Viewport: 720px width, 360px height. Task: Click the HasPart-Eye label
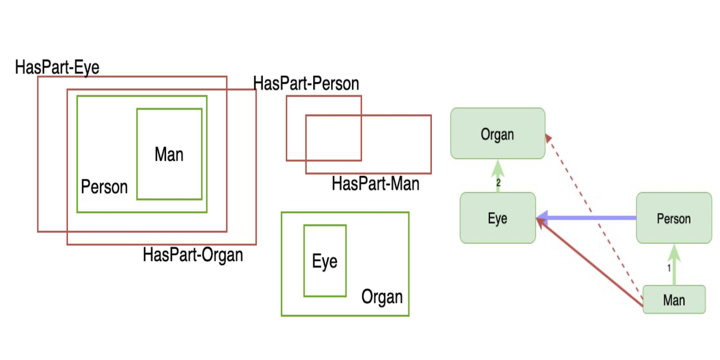(x=57, y=67)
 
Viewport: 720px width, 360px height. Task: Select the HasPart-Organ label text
(x=193, y=255)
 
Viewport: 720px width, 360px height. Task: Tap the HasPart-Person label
(x=306, y=84)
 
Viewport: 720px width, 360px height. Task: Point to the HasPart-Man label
(x=375, y=183)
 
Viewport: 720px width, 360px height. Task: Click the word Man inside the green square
(x=169, y=154)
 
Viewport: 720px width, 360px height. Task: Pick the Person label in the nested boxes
(x=104, y=187)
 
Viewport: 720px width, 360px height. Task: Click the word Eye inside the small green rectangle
(x=325, y=262)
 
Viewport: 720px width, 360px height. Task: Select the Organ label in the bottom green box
(x=382, y=296)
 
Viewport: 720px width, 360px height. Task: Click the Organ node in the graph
(x=497, y=133)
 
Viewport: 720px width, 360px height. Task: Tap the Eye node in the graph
(x=497, y=218)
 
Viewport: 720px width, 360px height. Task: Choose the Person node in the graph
(x=673, y=218)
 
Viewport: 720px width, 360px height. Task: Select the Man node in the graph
(x=673, y=299)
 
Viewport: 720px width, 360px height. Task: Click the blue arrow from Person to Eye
(x=588, y=218)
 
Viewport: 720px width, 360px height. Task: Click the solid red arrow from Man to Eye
(x=591, y=263)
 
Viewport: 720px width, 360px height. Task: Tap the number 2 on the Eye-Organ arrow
(x=498, y=183)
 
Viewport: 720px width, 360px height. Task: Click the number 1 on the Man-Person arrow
(x=669, y=268)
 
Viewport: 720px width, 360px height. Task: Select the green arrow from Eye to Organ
(x=498, y=171)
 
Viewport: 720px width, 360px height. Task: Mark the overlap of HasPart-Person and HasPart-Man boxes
(x=333, y=138)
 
